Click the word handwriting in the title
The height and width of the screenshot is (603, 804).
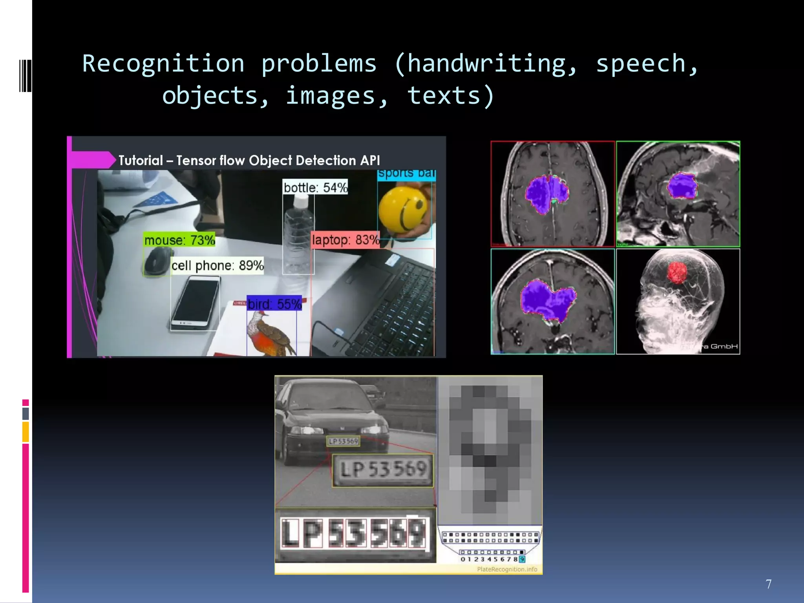tap(492, 64)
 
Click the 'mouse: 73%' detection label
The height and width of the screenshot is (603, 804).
tap(179, 240)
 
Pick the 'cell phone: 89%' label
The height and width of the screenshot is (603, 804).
tap(217, 265)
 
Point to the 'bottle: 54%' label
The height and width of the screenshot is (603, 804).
tap(315, 188)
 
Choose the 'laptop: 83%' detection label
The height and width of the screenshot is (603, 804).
tap(345, 240)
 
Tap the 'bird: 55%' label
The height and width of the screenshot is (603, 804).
tap(274, 304)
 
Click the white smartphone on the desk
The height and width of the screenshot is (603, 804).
tap(196, 303)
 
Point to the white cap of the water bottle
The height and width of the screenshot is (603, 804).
tap(301, 202)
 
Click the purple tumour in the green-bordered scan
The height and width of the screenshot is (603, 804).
tap(682, 186)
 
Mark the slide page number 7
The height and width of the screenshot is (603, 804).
tap(769, 584)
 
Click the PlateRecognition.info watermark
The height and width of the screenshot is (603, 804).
tap(507, 569)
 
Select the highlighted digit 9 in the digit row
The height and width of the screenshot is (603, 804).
tap(522, 559)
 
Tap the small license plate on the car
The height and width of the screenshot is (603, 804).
tap(344, 441)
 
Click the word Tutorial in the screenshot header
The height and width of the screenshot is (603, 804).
tap(141, 161)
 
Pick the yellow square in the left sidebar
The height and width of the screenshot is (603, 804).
tap(26, 432)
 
